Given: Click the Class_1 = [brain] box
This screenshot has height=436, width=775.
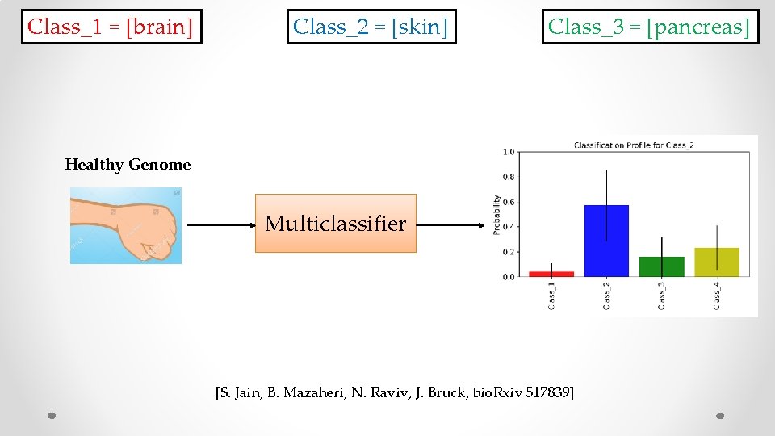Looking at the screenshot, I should [x=111, y=27].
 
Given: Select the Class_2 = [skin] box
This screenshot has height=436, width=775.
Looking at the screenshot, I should [x=371, y=27].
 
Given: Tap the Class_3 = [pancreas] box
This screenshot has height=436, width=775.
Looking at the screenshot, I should [x=650, y=27].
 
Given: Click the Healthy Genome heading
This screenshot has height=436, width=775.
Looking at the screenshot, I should [x=128, y=165].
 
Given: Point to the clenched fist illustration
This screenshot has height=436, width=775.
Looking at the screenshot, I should [x=126, y=225].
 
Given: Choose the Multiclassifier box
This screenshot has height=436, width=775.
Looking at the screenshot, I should [x=335, y=223].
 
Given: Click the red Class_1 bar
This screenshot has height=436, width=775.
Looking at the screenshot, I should [x=551, y=274].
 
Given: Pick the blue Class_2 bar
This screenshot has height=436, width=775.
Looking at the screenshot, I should [x=606, y=242].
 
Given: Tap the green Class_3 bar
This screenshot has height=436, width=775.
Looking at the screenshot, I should [x=661, y=267].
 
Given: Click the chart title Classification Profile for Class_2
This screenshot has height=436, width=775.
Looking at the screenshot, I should [x=634, y=145].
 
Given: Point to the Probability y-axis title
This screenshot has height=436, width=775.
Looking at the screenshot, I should [x=497, y=215].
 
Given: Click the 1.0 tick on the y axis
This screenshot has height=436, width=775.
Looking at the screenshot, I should [x=509, y=152].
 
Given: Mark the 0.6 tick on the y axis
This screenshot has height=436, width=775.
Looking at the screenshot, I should [x=509, y=202].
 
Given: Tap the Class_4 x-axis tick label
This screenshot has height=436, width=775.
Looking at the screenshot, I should [x=716, y=296].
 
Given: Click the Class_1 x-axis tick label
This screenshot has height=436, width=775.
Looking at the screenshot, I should [x=551, y=296].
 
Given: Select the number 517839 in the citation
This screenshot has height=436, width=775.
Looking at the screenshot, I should [x=547, y=393].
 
